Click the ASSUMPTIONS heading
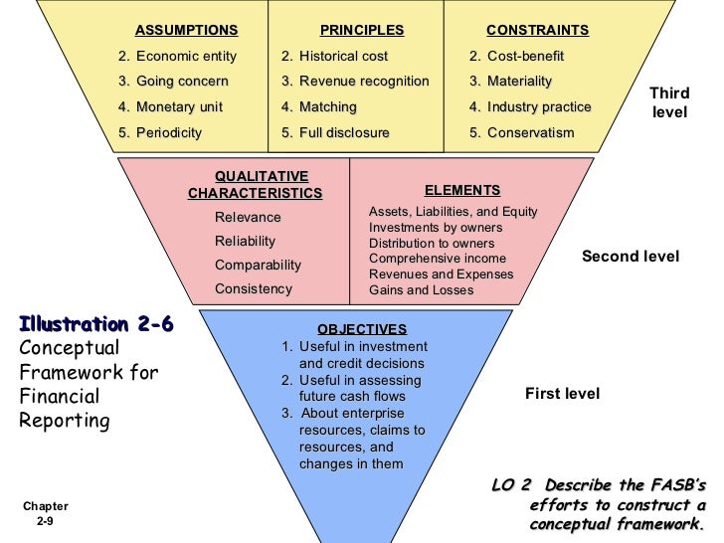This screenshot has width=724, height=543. [186, 31]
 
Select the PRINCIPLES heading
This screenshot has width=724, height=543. [362, 31]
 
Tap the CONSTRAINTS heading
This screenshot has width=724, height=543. [537, 31]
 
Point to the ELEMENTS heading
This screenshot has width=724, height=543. [462, 190]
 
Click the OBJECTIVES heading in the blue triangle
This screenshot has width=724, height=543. [362, 329]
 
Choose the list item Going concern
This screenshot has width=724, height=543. [182, 82]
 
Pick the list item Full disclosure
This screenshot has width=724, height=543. [344, 132]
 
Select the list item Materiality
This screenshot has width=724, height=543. [519, 82]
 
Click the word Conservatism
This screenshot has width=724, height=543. [531, 132]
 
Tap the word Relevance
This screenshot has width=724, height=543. [248, 218]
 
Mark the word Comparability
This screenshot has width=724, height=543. [258, 266]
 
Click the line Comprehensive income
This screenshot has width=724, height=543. [438, 259]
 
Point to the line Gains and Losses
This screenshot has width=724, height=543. [422, 290]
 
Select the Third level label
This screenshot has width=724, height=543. [669, 102]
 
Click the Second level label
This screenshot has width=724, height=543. [631, 257]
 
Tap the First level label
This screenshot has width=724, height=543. [562, 394]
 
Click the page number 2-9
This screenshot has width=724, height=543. [45, 521]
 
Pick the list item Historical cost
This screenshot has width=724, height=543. [343, 57]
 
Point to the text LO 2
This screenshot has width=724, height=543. [512, 485]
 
